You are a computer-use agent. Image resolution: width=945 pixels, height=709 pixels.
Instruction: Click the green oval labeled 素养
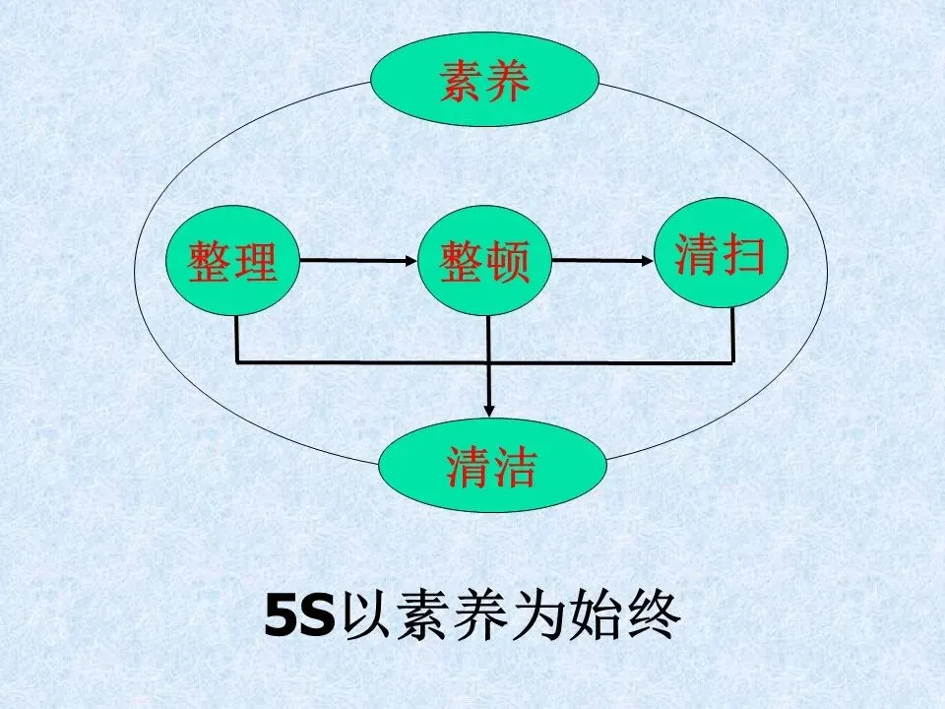pos(484,83)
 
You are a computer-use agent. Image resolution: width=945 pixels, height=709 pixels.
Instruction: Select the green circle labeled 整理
pos(233,261)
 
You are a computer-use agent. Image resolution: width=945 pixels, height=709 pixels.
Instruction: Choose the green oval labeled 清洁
pos(491,466)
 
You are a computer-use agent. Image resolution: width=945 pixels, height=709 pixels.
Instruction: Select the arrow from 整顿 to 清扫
pos(602,261)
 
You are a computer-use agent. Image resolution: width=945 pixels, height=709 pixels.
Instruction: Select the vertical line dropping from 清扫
pos(732,335)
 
